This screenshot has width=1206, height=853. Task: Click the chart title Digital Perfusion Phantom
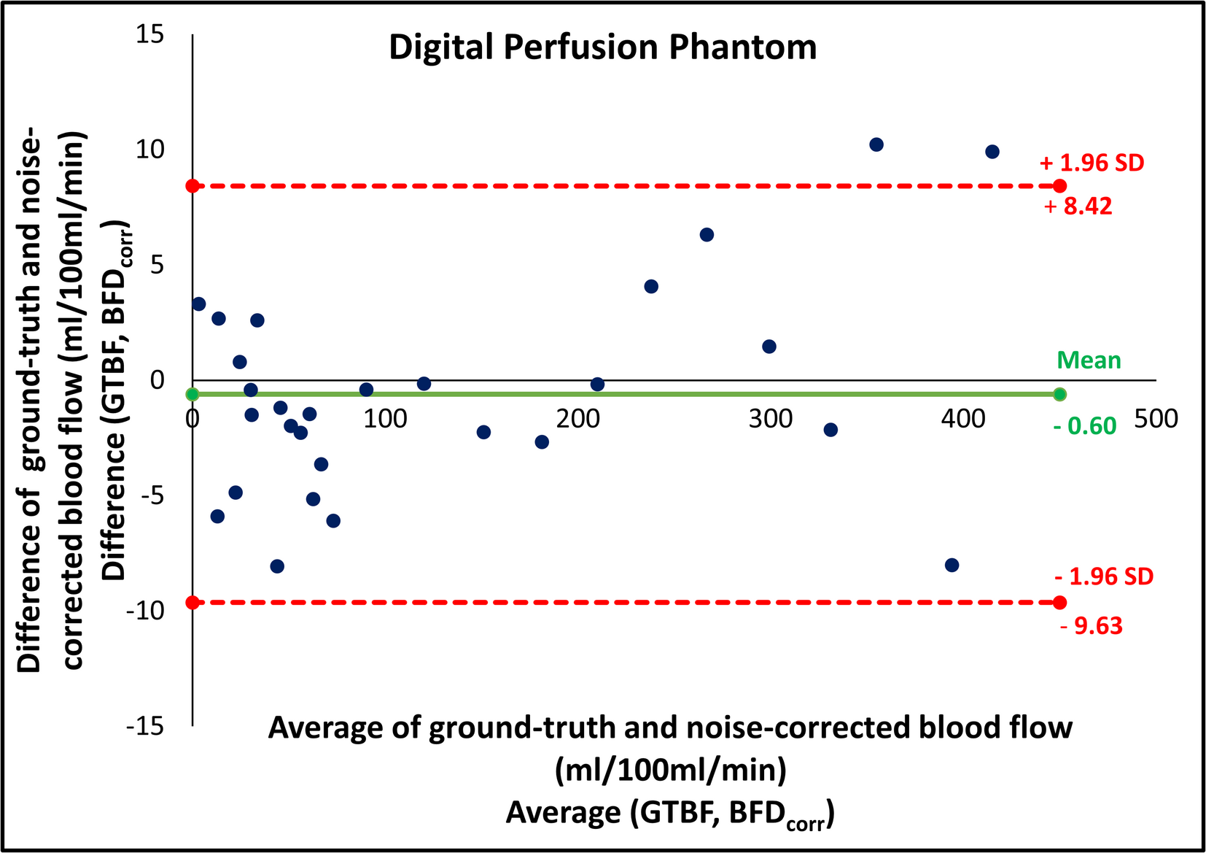tap(602, 48)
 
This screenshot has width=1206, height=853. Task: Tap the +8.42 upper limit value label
tap(1078, 207)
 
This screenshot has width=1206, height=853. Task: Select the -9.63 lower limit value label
tap(1091, 626)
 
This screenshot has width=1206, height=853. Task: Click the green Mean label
tap(1089, 360)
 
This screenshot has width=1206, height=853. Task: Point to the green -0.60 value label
tap(1085, 426)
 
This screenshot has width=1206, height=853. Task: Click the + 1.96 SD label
tap(1092, 163)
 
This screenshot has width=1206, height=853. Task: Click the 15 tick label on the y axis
tap(150, 34)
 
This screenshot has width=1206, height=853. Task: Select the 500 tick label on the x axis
tap(1156, 419)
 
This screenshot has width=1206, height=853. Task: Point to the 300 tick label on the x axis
tap(770, 419)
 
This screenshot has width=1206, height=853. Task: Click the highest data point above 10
tap(876, 144)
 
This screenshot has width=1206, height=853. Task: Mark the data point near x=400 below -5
tap(952, 566)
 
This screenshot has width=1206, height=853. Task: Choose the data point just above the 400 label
tap(992, 152)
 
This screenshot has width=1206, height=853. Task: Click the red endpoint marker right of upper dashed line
tap(1059, 186)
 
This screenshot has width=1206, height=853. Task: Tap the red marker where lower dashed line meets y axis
tap(192, 603)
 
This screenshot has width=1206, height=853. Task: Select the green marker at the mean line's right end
tap(1059, 395)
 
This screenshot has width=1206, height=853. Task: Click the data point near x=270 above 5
tap(707, 235)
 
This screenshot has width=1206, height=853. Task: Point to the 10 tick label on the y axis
tap(150, 150)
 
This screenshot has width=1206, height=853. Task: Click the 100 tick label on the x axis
tap(385, 419)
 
